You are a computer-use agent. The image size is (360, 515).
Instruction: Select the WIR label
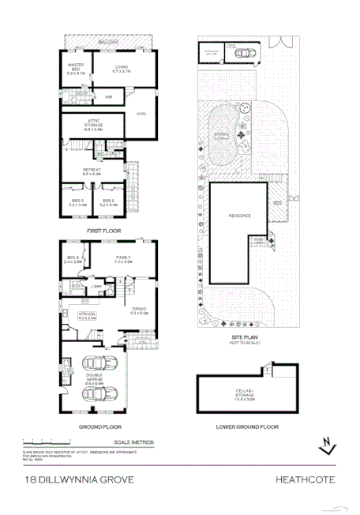click(111, 96)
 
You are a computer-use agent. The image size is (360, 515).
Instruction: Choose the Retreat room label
click(92, 171)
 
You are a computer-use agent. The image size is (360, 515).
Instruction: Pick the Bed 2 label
click(110, 203)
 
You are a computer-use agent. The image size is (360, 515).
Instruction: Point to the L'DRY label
click(96, 285)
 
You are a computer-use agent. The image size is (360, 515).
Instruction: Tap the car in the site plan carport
click(246, 55)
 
